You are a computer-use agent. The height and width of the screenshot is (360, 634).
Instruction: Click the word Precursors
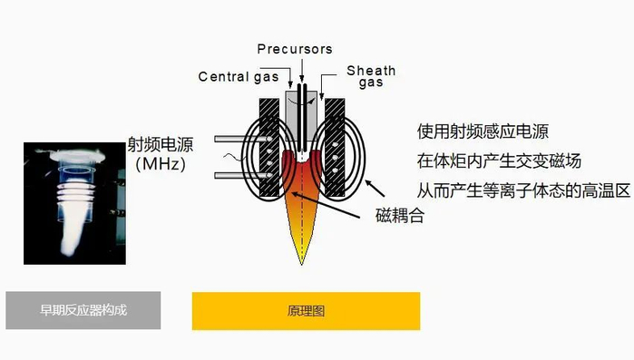click(x=295, y=49)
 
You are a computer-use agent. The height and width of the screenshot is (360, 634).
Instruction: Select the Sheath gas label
click(x=370, y=76)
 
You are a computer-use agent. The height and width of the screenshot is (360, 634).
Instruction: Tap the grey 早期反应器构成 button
click(x=83, y=310)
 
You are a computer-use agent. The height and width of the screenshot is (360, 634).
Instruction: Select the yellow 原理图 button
click(x=306, y=311)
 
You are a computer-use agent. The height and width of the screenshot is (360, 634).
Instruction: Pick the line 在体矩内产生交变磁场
click(x=498, y=161)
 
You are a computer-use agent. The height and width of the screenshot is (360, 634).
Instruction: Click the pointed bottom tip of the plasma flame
click(x=302, y=262)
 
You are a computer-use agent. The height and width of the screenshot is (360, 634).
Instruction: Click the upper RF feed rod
click(x=231, y=140)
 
